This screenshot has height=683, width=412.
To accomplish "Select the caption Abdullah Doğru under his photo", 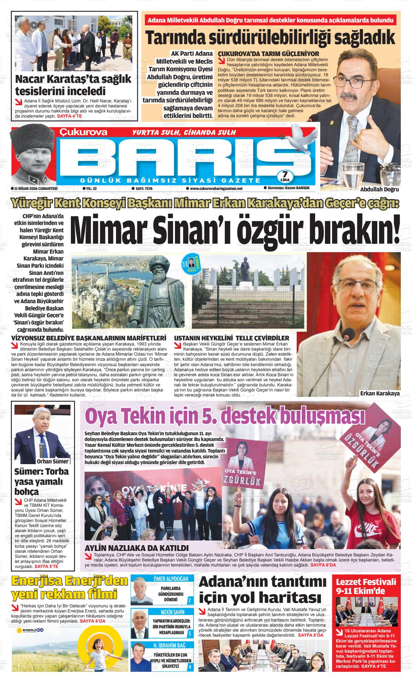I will click(x=379, y=190).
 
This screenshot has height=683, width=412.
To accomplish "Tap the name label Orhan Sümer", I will click(x=52, y=461).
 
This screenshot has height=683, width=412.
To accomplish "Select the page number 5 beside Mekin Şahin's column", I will click(x=190, y=633).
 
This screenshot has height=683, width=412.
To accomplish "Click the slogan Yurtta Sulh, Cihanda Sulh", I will click(x=184, y=132).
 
